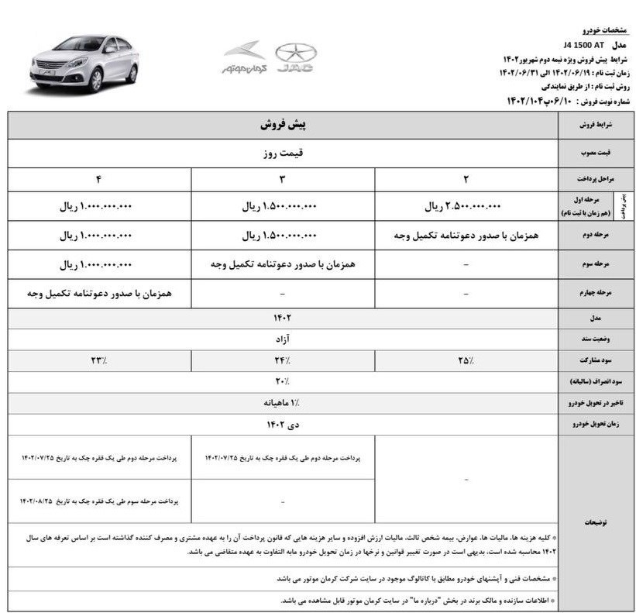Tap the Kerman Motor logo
(x=244, y=58)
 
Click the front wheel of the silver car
(x=97, y=81)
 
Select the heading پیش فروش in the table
(x=283, y=124)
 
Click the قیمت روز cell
(x=283, y=153)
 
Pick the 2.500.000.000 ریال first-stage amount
(x=463, y=207)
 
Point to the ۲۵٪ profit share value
(x=466, y=360)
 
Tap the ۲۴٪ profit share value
(x=283, y=360)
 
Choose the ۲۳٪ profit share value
(x=99, y=360)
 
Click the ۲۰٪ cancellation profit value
(x=282, y=381)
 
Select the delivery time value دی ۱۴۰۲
(x=282, y=425)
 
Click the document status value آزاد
(x=282, y=339)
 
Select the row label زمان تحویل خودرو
(x=595, y=425)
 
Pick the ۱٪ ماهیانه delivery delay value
(x=282, y=403)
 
